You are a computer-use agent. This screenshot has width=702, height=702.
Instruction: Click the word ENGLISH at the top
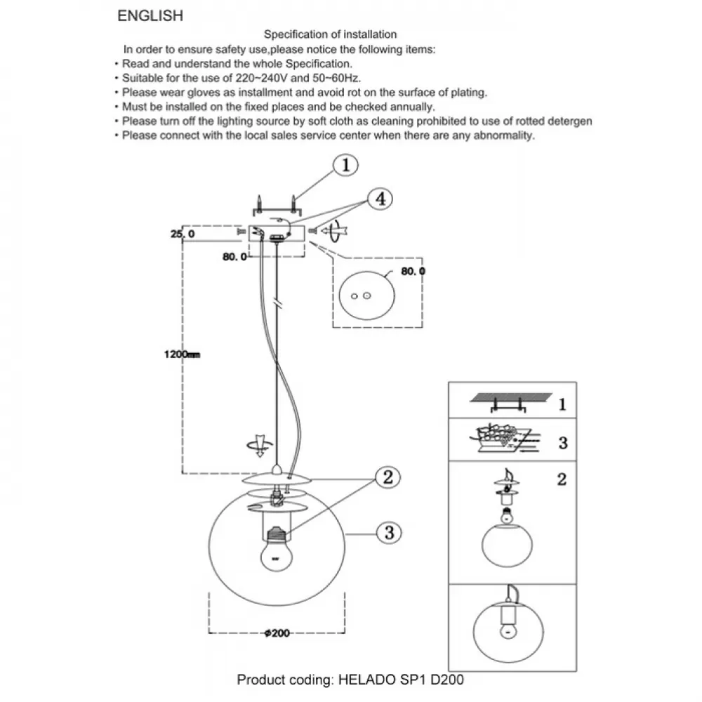150,15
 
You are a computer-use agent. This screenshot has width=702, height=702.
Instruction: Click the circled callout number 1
345,165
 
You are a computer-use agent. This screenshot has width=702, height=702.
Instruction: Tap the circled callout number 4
380,199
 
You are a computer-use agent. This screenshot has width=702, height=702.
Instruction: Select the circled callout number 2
388,477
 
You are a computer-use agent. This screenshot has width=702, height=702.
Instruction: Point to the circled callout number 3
389,533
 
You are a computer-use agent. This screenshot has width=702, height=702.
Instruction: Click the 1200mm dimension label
182,355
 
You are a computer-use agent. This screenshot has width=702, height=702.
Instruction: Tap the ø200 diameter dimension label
277,633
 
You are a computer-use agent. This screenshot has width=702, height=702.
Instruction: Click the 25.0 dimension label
183,234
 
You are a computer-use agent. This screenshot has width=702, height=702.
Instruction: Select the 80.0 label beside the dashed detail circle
413,271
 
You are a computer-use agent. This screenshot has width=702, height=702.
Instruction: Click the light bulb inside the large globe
276,550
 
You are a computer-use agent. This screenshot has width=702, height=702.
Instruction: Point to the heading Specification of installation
330,34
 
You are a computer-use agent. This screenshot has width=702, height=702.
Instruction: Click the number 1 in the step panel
562,405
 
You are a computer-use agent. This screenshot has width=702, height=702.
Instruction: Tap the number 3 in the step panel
563,443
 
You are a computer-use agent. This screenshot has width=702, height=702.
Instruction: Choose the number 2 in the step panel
562,479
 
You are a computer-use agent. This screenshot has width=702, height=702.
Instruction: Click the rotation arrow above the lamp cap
260,446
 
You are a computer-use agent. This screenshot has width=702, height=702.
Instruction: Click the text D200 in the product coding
446,680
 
